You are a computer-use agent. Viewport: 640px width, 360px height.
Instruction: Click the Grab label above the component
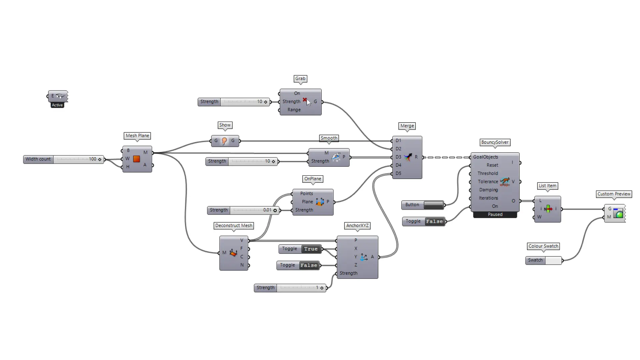point(300,79)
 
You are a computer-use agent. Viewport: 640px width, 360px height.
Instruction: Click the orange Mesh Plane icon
point(136,159)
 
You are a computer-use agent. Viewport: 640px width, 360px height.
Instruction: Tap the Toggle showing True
point(311,249)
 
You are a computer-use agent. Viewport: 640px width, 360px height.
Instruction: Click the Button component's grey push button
point(433,205)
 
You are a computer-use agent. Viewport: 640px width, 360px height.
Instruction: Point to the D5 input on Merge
point(398,173)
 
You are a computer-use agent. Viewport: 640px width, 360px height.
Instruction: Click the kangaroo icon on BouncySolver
point(505,182)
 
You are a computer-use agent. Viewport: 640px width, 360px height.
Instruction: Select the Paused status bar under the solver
point(495,215)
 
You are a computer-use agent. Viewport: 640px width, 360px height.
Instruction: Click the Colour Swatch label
point(543,246)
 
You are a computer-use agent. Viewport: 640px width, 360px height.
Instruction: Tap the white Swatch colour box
point(553,260)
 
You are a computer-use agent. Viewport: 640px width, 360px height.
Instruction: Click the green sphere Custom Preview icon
point(619,214)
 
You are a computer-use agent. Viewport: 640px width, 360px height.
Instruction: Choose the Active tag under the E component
point(57,105)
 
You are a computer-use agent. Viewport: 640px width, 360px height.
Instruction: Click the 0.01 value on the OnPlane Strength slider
point(267,210)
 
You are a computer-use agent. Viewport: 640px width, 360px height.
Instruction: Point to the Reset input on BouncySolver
point(492,165)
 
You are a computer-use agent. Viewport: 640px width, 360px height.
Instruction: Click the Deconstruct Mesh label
point(234,226)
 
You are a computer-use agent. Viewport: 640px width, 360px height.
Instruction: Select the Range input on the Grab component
point(294,110)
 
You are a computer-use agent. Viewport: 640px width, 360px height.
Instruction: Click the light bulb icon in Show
point(224,141)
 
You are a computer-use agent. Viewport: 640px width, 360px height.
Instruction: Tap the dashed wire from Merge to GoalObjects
point(447,157)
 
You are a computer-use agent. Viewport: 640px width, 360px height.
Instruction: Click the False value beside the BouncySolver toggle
point(434,221)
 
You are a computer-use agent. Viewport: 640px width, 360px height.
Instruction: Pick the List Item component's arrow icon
point(548,209)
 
